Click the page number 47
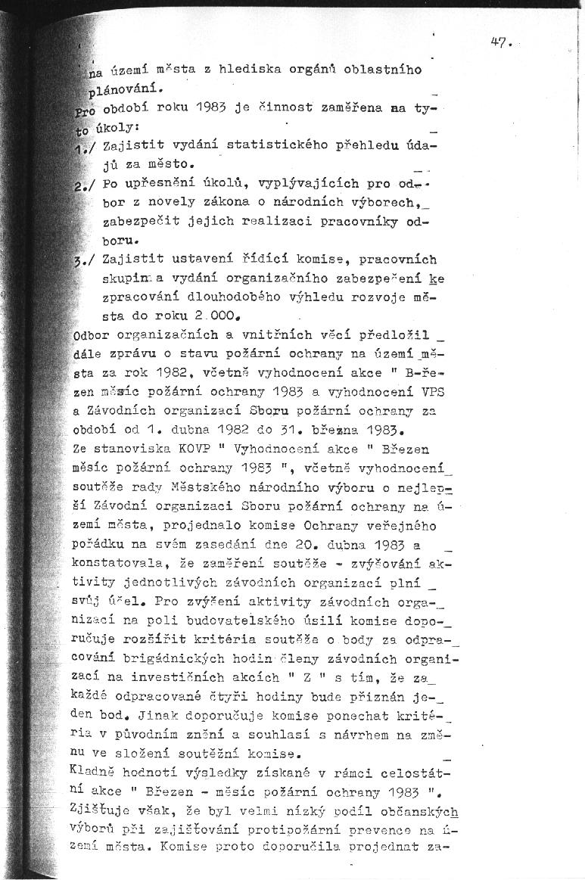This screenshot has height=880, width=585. coord(500,43)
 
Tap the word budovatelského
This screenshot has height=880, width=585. coord(233,620)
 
